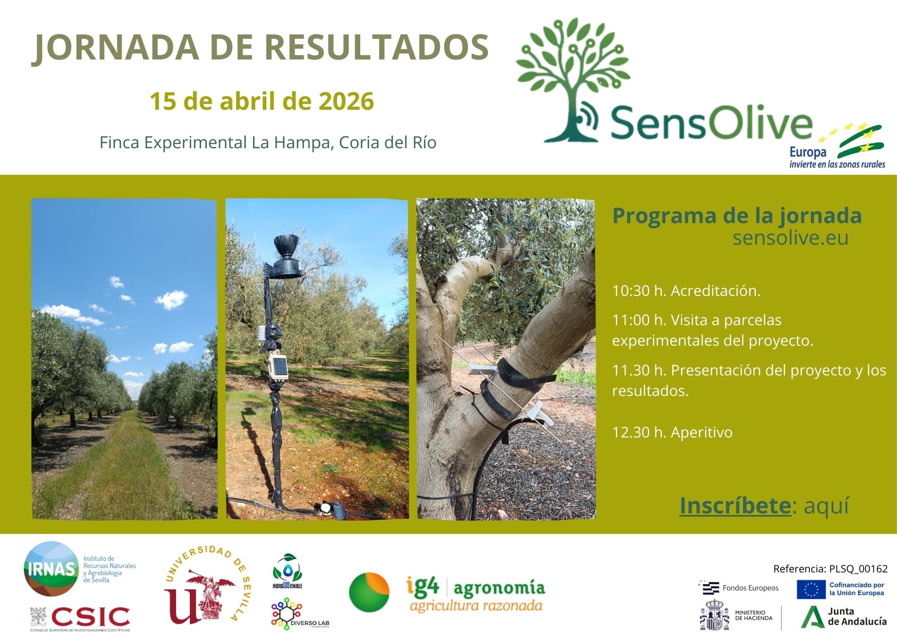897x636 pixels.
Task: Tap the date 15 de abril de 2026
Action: (x=261, y=101)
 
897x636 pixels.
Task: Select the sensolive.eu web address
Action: (x=790, y=238)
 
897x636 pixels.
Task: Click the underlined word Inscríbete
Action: (x=734, y=505)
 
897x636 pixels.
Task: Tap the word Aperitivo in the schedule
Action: (x=701, y=432)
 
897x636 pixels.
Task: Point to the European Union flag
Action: (x=811, y=589)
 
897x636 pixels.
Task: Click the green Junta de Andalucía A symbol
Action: (x=812, y=617)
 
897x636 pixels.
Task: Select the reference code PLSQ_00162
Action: (x=858, y=568)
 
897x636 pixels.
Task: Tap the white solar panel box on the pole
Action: (x=279, y=367)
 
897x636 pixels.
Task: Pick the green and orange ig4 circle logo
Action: (x=369, y=592)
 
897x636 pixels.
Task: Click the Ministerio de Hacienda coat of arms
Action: (x=714, y=615)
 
